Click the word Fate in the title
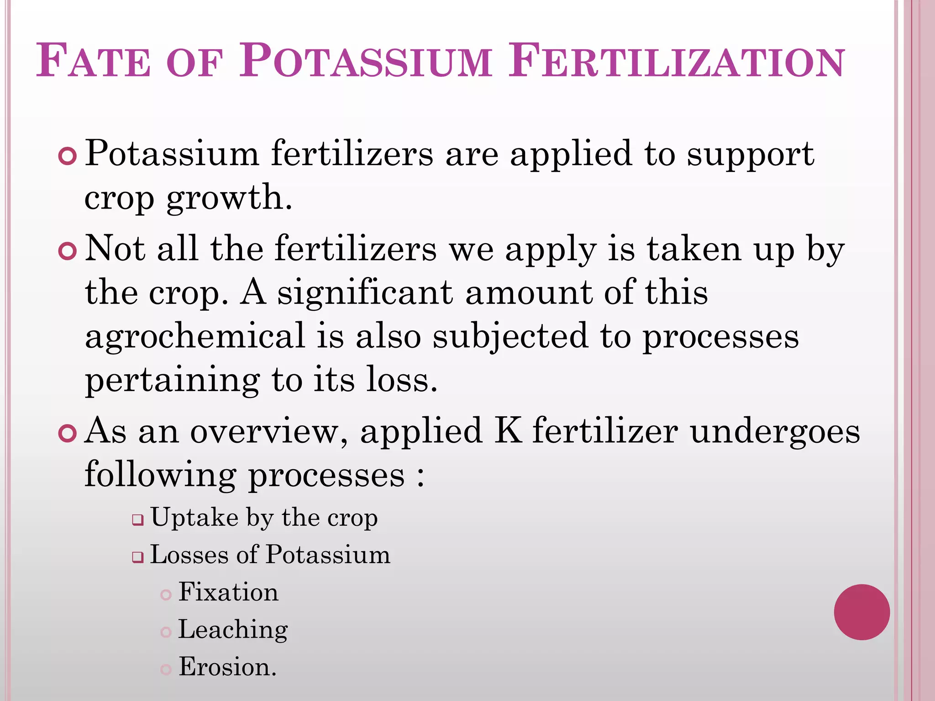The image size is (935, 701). [x=93, y=61]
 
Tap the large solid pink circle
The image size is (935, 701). [x=861, y=612]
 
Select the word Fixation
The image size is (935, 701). [x=228, y=592]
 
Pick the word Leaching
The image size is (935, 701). [x=233, y=630]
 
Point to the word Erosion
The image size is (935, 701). [x=227, y=667]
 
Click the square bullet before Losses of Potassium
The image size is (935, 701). [x=138, y=557]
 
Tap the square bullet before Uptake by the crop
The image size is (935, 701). [x=138, y=520]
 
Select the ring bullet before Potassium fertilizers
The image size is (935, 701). [x=68, y=157]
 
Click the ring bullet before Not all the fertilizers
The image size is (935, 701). [x=68, y=251]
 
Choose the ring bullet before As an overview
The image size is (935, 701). [x=68, y=433]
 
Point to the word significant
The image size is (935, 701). [x=365, y=293]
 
